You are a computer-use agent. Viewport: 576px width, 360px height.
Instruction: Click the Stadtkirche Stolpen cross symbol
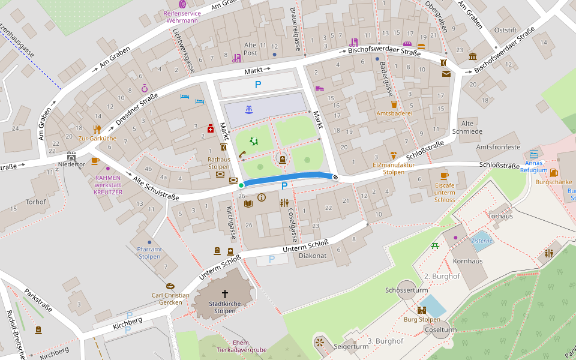click(x=225, y=293)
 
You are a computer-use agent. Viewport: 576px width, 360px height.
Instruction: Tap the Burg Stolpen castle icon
click(x=422, y=310)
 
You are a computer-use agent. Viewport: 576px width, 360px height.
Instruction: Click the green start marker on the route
click(x=241, y=186)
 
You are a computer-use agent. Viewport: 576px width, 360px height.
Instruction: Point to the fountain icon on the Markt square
click(x=248, y=109)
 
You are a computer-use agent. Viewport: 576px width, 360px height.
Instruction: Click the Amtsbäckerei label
click(x=394, y=113)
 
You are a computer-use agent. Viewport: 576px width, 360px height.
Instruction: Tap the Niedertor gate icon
click(x=71, y=155)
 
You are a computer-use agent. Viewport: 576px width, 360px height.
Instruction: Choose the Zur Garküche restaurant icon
click(x=97, y=129)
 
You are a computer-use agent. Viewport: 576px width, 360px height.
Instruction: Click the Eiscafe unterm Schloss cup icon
click(x=444, y=176)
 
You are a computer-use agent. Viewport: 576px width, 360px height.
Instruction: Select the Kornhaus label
click(x=467, y=261)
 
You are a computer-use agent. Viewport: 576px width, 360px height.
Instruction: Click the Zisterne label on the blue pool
click(x=481, y=241)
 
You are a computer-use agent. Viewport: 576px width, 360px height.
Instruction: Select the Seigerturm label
click(x=351, y=346)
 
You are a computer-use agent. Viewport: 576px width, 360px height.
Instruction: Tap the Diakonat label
click(x=312, y=255)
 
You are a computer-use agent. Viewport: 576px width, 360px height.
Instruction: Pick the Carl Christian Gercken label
click(x=170, y=299)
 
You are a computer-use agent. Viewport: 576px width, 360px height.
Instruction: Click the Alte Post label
click(x=250, y=49)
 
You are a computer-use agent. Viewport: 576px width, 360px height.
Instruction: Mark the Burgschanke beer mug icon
click(x=553, y=173)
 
